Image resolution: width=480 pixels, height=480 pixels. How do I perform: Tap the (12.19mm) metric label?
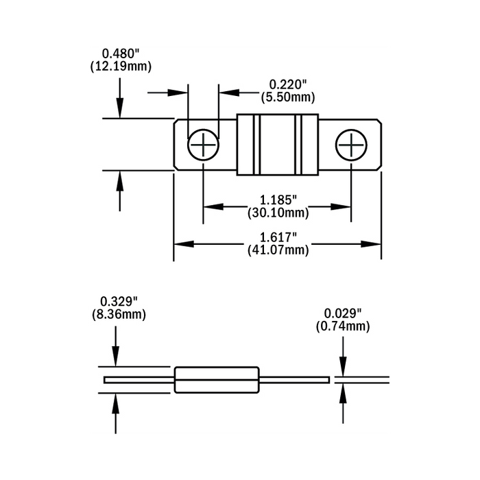[120, 67]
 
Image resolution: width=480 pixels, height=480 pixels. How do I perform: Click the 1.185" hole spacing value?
[278, 200]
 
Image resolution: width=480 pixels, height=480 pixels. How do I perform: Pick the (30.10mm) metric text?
[278, 213]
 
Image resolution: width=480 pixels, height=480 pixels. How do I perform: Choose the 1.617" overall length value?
[278, 237]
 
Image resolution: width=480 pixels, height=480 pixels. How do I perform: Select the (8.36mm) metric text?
[119, 315]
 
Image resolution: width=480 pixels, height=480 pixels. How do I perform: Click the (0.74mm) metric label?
[342, 326]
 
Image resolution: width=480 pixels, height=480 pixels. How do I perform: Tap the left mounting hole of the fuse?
[203, 145]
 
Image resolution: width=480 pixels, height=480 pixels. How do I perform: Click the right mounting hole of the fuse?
[351, 145]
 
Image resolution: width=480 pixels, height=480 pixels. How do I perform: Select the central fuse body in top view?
[277, 145]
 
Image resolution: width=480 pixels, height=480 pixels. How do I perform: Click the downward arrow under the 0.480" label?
[120, 100]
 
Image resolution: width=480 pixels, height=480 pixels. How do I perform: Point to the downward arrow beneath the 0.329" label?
[116, 350]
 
